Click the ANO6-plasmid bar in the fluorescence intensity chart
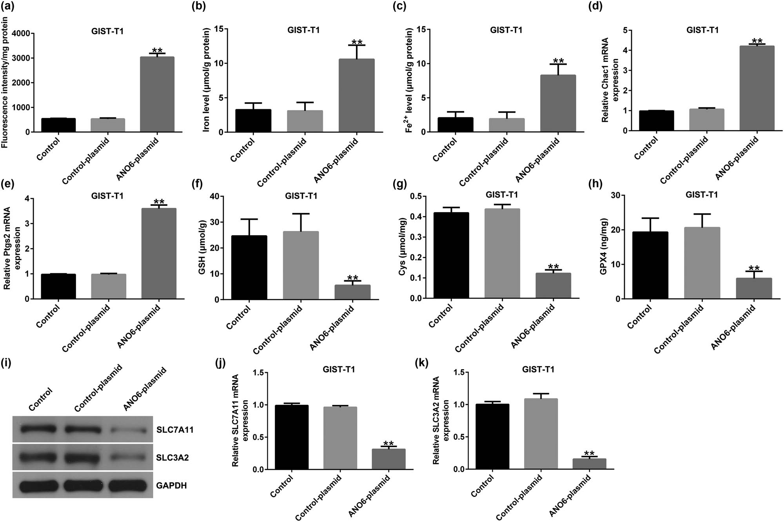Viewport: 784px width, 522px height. [157, 94]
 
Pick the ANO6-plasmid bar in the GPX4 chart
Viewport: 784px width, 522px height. [754, 288]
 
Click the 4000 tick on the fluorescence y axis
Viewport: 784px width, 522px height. [20, 34]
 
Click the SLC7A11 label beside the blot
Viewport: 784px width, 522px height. [175, 430]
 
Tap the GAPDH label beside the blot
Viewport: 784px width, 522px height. [171, 486]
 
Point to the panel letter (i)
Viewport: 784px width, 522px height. [6, 363]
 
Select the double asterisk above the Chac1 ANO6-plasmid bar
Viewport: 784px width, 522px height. [757, 41]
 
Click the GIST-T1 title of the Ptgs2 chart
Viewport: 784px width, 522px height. [107, 196]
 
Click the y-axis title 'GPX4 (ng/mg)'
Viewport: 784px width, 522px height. [603, 247]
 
